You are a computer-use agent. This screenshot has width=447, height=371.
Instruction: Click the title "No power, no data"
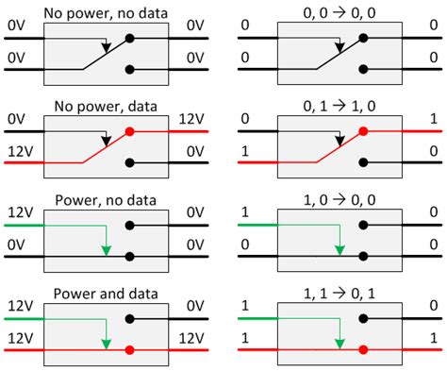pos(106,10)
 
